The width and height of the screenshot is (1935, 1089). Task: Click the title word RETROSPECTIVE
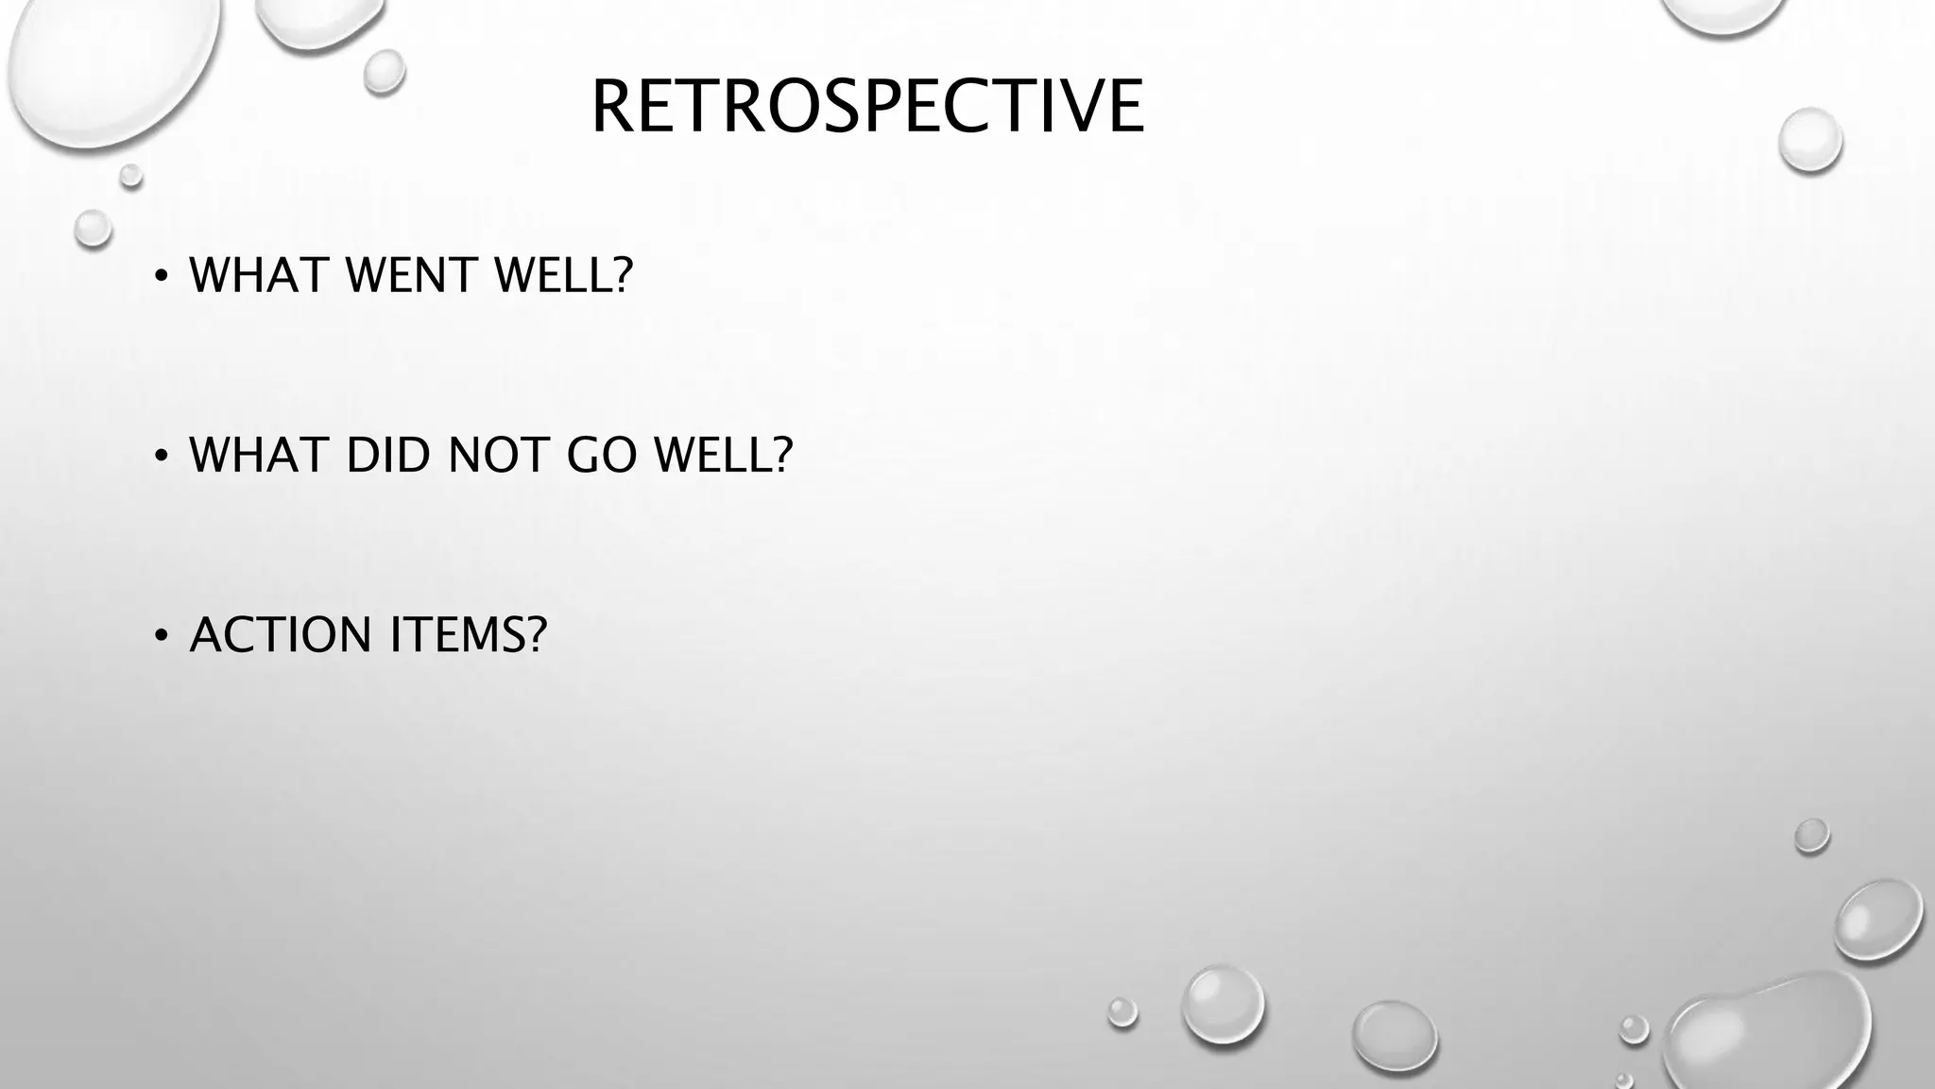point(867,107)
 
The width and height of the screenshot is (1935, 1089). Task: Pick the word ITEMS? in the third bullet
point(469,634)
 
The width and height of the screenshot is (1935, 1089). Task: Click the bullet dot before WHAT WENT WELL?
point(162,277)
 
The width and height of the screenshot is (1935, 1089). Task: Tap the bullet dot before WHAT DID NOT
point(162,456)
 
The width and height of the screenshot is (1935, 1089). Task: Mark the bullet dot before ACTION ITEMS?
point(162,635)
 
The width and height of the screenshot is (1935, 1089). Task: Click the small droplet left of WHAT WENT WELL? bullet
point(93,228)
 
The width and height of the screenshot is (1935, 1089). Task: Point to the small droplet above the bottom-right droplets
point(1811,836)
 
